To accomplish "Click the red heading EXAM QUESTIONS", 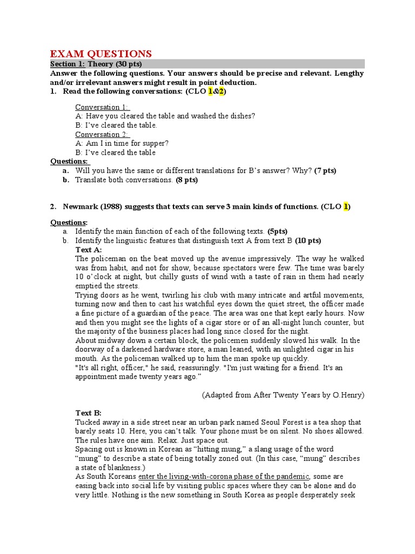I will (101, 54).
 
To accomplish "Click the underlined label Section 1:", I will (68, 64).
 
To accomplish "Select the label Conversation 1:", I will (102, 107).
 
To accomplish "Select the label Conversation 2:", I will (102, 134).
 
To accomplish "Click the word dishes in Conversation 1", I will (240, 116).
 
